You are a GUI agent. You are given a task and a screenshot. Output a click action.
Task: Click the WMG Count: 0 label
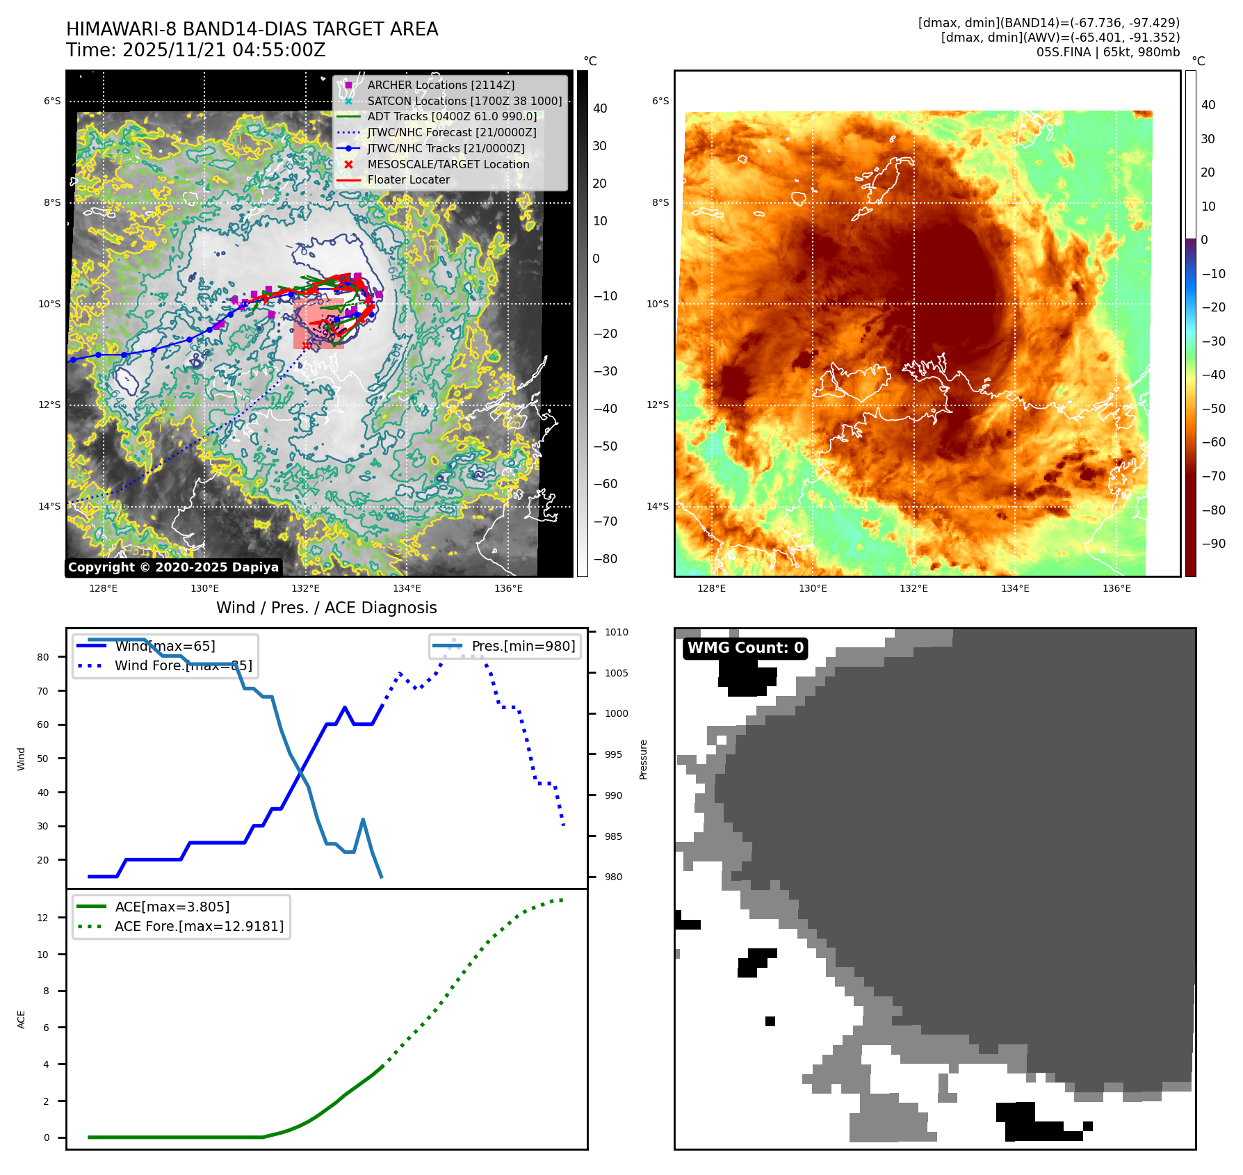pos(745,648)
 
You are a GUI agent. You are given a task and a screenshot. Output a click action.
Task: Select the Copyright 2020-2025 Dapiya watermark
pos(173,567)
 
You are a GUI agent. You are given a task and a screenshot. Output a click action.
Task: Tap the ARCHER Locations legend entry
pos(441,85)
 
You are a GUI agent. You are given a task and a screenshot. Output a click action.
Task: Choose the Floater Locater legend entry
pos(408,179)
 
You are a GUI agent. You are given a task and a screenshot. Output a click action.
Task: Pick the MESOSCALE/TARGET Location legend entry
pos(448,164)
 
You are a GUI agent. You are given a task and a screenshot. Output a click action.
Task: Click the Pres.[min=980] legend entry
pos(523,646)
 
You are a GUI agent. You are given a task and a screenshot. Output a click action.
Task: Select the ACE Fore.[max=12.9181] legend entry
pos(199,926)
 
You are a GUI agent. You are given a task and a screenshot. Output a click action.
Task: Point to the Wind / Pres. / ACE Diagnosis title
pos(327,608)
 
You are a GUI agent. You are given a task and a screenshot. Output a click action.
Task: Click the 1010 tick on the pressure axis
pos(616,632)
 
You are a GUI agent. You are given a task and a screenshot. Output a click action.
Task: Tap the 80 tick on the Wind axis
pos(43,657)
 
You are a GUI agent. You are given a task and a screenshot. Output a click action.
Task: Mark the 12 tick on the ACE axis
pos(43,918)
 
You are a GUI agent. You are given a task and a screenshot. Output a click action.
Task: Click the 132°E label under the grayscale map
pos(306,588)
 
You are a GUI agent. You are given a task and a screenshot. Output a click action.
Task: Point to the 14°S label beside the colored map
pos(658,506)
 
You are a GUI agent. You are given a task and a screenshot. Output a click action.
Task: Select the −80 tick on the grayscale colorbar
pos(605,559)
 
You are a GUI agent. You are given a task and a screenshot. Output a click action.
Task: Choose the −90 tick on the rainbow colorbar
pos(1214,544)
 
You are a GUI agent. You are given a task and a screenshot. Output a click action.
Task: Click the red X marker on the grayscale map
pos(306,346)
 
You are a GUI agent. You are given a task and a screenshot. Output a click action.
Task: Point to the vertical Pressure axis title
pos(644,759)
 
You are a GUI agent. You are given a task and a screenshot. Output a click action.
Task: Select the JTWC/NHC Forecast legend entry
pos(451,132)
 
